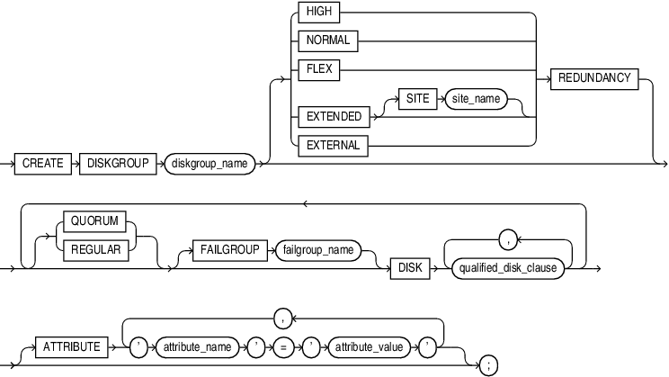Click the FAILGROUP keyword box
[x=227, y=249]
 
